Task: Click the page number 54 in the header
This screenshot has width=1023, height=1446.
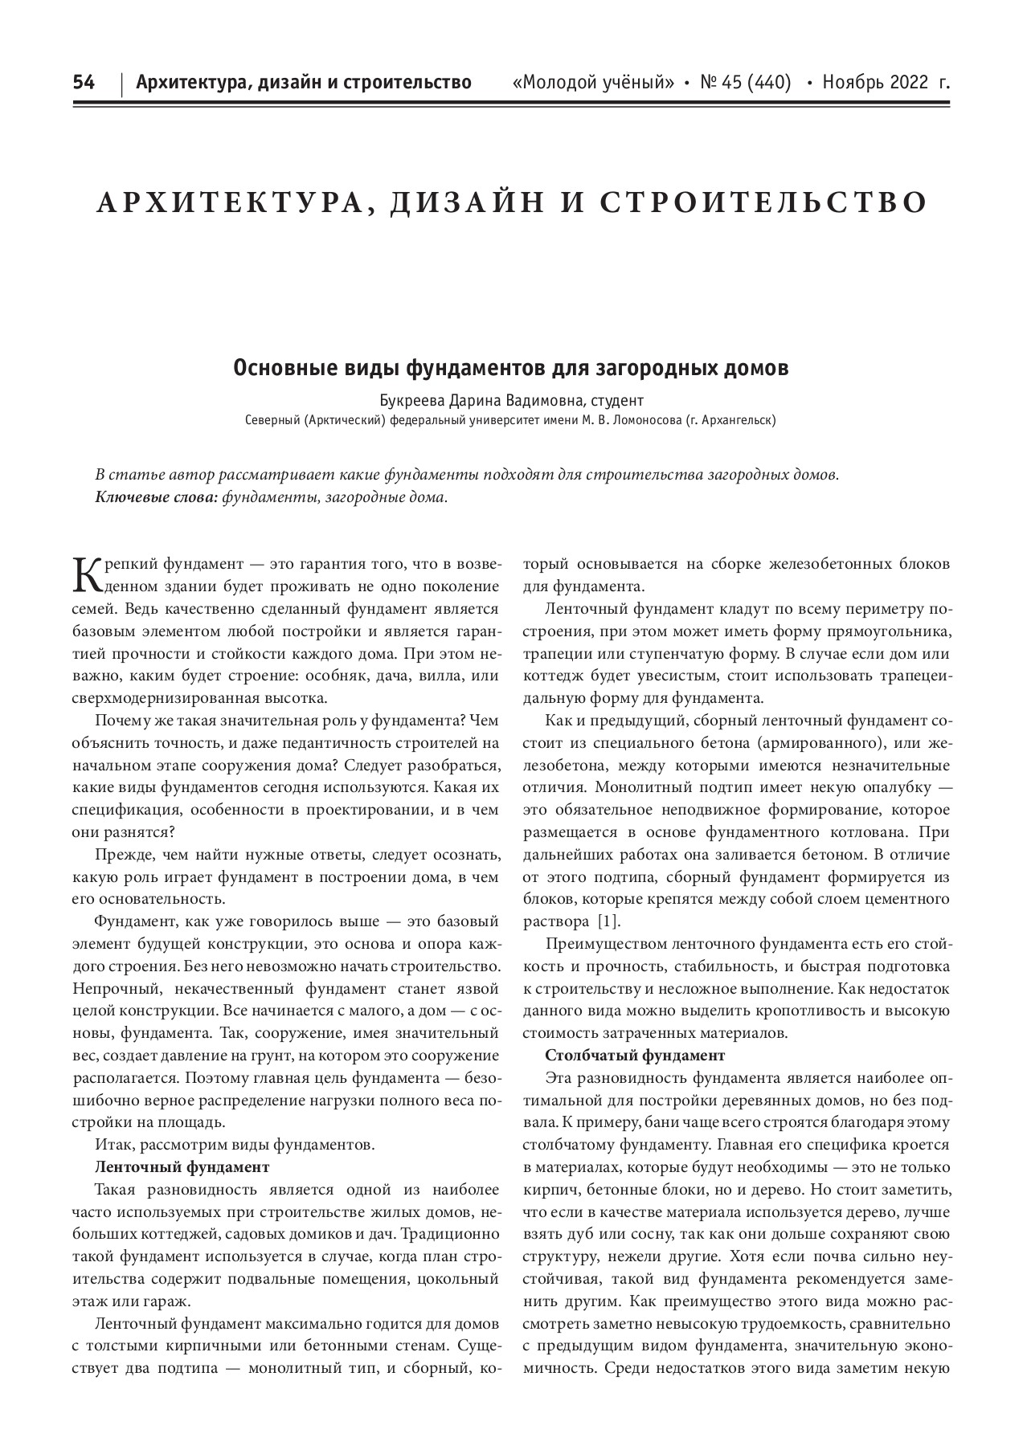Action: pos(84,83)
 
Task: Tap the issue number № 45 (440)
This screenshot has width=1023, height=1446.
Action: pos(746,83)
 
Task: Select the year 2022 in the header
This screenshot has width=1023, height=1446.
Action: pos(906,83)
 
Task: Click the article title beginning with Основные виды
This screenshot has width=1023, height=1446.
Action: pos(510,369)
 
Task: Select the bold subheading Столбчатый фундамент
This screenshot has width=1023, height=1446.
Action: pos(635,1056)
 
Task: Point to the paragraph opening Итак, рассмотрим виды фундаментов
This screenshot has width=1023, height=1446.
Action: pos(233,1145)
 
